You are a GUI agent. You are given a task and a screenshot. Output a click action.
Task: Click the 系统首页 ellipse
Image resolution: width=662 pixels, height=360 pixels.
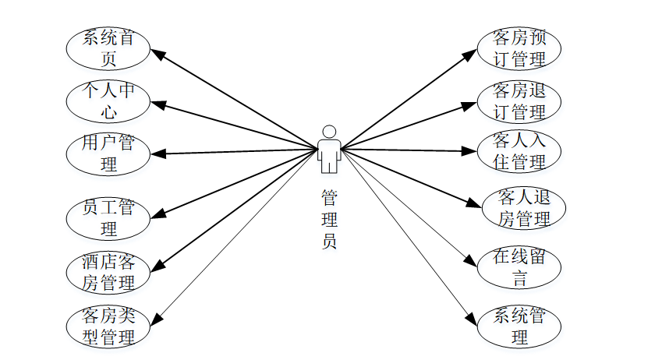tap(108, 48)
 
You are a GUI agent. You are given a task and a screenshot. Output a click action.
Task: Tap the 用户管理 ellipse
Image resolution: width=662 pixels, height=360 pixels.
tap(108, 153)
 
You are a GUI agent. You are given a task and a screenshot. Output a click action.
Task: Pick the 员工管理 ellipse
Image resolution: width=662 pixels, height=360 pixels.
tap(108, 218)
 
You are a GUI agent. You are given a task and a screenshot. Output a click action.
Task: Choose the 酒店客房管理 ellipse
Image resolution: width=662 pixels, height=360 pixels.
tap(108, 271)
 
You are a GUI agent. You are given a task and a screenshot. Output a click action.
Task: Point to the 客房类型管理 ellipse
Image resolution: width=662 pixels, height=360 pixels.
tap(108, 326)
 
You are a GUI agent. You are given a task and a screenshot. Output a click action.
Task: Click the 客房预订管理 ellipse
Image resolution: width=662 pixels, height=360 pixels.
tap(519, 48)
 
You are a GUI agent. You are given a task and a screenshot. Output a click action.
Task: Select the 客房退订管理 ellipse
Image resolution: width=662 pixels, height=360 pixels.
tap(519, 101)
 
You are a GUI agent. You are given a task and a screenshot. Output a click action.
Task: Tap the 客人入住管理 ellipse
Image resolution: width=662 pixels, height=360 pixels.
tap(519, 151)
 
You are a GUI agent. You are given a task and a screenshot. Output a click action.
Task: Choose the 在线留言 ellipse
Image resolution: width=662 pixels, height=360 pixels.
tap(519, 267)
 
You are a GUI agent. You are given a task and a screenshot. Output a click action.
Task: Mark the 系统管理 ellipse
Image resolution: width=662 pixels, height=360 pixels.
tap(519, 326)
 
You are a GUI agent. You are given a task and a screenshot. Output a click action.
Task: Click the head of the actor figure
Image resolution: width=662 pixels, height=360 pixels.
tap(330, 132)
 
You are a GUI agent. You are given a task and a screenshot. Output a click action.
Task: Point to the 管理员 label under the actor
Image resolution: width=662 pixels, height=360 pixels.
tap(330, 219)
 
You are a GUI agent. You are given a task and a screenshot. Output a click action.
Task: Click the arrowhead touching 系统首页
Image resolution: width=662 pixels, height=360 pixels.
tap(156, 55)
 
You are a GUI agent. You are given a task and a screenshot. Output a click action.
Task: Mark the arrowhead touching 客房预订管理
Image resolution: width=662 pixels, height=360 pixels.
tap(471, 54)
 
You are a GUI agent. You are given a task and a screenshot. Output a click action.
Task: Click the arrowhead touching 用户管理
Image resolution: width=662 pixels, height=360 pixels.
tap(156, 153)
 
